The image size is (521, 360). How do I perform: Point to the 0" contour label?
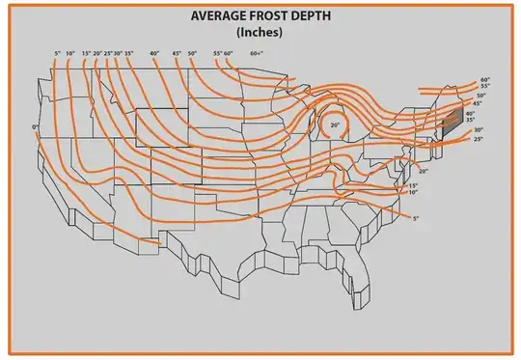point(34,127)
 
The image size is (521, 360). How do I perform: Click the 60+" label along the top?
point(257,53)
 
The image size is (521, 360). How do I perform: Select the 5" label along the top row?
point(58,53)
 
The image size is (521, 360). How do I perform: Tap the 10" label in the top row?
point(71,53)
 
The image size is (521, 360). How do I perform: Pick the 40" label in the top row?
point(154,53)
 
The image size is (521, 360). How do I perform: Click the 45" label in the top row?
point(177,53)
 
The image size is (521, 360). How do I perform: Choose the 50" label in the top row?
point(193,53)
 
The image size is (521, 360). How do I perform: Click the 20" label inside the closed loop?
point(335,125)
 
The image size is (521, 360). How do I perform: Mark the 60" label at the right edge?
point(484,80)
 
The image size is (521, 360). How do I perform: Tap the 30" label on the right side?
point(478,130)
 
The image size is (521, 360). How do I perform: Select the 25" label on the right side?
point(478,140)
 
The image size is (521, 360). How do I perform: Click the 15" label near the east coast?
point(413,185)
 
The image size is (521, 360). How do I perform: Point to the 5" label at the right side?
point(416,220)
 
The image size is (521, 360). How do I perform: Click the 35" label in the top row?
point(128,53)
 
